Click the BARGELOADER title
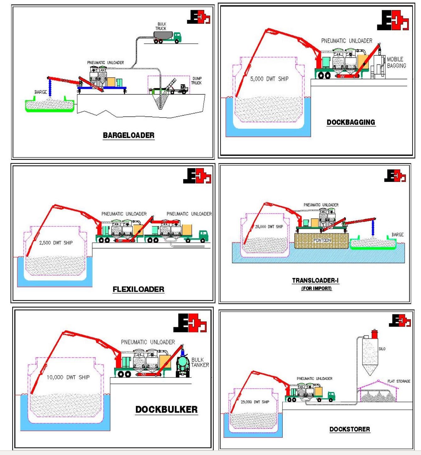click(x=129, y=135)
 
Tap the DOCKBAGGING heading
click(x=351, y=122)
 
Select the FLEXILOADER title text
click(x=138, y=289)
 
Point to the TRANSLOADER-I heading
click(x=315, y=280)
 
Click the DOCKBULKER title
click(x=166, y=409)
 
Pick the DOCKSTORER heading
click(x=350, y=429)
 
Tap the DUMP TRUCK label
click(x=197, y=81)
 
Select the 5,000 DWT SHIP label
click(x=269, y=79)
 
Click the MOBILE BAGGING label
click(x=396, y=62)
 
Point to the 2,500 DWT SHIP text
click(x=56, y=243)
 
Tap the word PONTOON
click(x=322, y=241)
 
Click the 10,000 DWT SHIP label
click(x=68, y=377)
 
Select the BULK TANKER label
click(x=200, y=362)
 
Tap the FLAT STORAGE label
click(x=399, y=381)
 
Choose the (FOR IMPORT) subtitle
click(x=317, y=288)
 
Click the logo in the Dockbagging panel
click(x=393, y=20)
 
